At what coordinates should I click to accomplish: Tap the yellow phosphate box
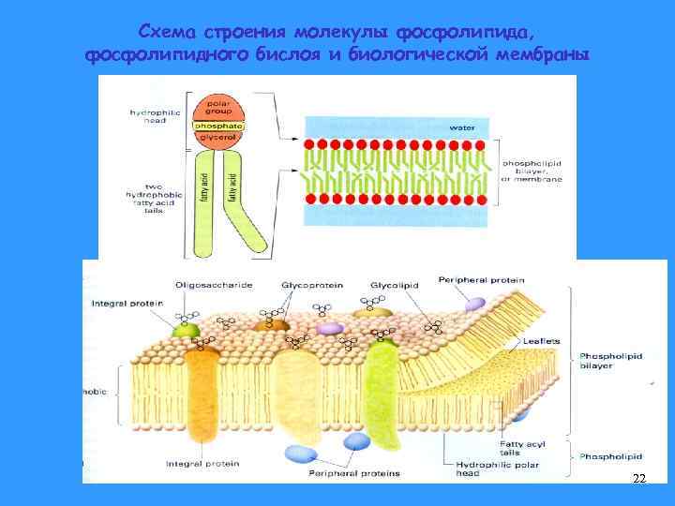point(218,126)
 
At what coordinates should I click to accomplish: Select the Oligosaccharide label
point(214,283)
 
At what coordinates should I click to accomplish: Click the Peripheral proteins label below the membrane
point(353,473)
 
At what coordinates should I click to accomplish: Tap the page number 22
point(638,479)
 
